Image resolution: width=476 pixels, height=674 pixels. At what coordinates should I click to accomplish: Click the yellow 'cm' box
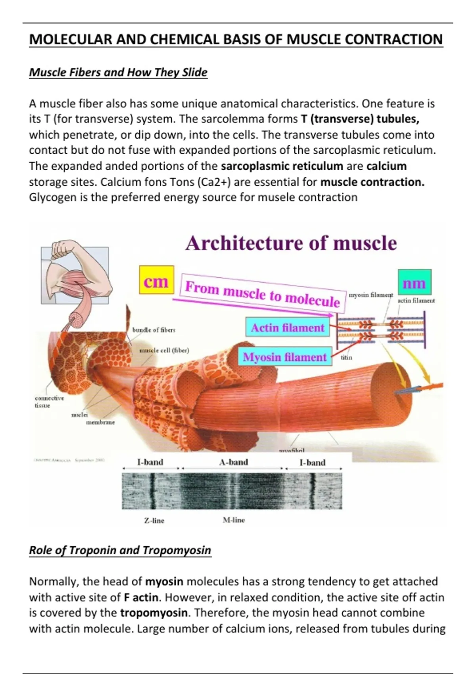156,280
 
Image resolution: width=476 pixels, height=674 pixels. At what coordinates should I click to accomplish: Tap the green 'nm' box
414,282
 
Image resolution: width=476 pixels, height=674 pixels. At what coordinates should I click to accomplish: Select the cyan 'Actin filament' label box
288,327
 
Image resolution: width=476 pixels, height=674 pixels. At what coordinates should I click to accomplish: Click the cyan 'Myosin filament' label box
284,357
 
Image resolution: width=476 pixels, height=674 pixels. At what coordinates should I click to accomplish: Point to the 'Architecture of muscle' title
291,243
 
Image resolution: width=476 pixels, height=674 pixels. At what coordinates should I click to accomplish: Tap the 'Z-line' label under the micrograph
154,521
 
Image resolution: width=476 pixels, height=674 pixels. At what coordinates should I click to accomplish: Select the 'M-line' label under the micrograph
234,520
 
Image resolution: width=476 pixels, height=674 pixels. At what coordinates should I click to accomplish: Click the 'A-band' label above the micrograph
233,462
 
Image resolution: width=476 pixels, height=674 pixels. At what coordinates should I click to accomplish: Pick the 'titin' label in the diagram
346,357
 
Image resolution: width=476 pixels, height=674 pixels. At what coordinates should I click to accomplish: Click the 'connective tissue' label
49,401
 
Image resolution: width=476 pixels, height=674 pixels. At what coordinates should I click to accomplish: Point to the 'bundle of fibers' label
154,329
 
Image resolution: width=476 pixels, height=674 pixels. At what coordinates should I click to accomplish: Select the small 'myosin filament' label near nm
370,295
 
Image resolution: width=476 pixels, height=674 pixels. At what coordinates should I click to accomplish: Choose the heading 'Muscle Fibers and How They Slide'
118,72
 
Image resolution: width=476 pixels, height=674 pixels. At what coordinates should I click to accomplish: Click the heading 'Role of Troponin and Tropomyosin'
120,550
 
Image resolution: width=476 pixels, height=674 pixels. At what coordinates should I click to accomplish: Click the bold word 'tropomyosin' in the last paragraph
154,613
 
